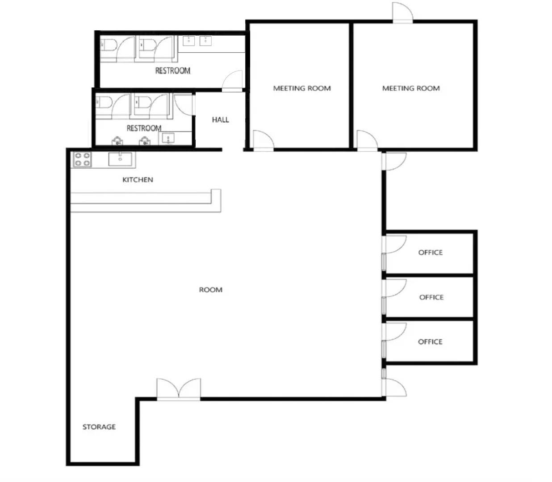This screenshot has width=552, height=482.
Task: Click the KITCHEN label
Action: click(x=138, y=179)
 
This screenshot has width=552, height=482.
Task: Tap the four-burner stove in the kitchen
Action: click(x=82, y=159)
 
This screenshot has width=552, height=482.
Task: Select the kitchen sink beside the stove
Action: click(x=120, y=159)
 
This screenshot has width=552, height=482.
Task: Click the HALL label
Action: click(x=220, y=120)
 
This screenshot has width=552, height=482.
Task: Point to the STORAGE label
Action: click(x=99, y=427)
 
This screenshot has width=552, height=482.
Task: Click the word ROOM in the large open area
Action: click(x=211, y=290)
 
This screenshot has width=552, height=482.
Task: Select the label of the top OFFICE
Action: click(x=431, y=252)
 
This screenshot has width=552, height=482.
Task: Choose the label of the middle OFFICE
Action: click(x=431, y=297)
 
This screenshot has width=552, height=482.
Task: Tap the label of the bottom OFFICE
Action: click(x=430, y=342)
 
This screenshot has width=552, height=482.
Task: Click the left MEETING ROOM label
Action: click(x=302, y=88)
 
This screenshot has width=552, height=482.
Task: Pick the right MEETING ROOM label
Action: click(x=411, y=88)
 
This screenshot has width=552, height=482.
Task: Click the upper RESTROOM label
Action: click(x=173, y=71)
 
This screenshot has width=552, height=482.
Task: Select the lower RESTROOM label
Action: click(x=144, y=128)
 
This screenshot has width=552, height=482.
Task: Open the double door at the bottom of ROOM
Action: click(x=179, y=389)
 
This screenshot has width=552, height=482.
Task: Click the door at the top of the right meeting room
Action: click(x=402, y=12)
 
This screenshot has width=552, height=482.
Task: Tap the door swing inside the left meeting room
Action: click(x=263, y=139)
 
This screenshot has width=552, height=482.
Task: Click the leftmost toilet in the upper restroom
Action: click(x=108, y=45)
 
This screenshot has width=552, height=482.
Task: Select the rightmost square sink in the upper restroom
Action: click(x=205, y=41)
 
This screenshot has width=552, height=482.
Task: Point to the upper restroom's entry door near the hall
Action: click(x=232, y=80)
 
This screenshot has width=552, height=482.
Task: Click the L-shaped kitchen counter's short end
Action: click(x=216, y=200)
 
